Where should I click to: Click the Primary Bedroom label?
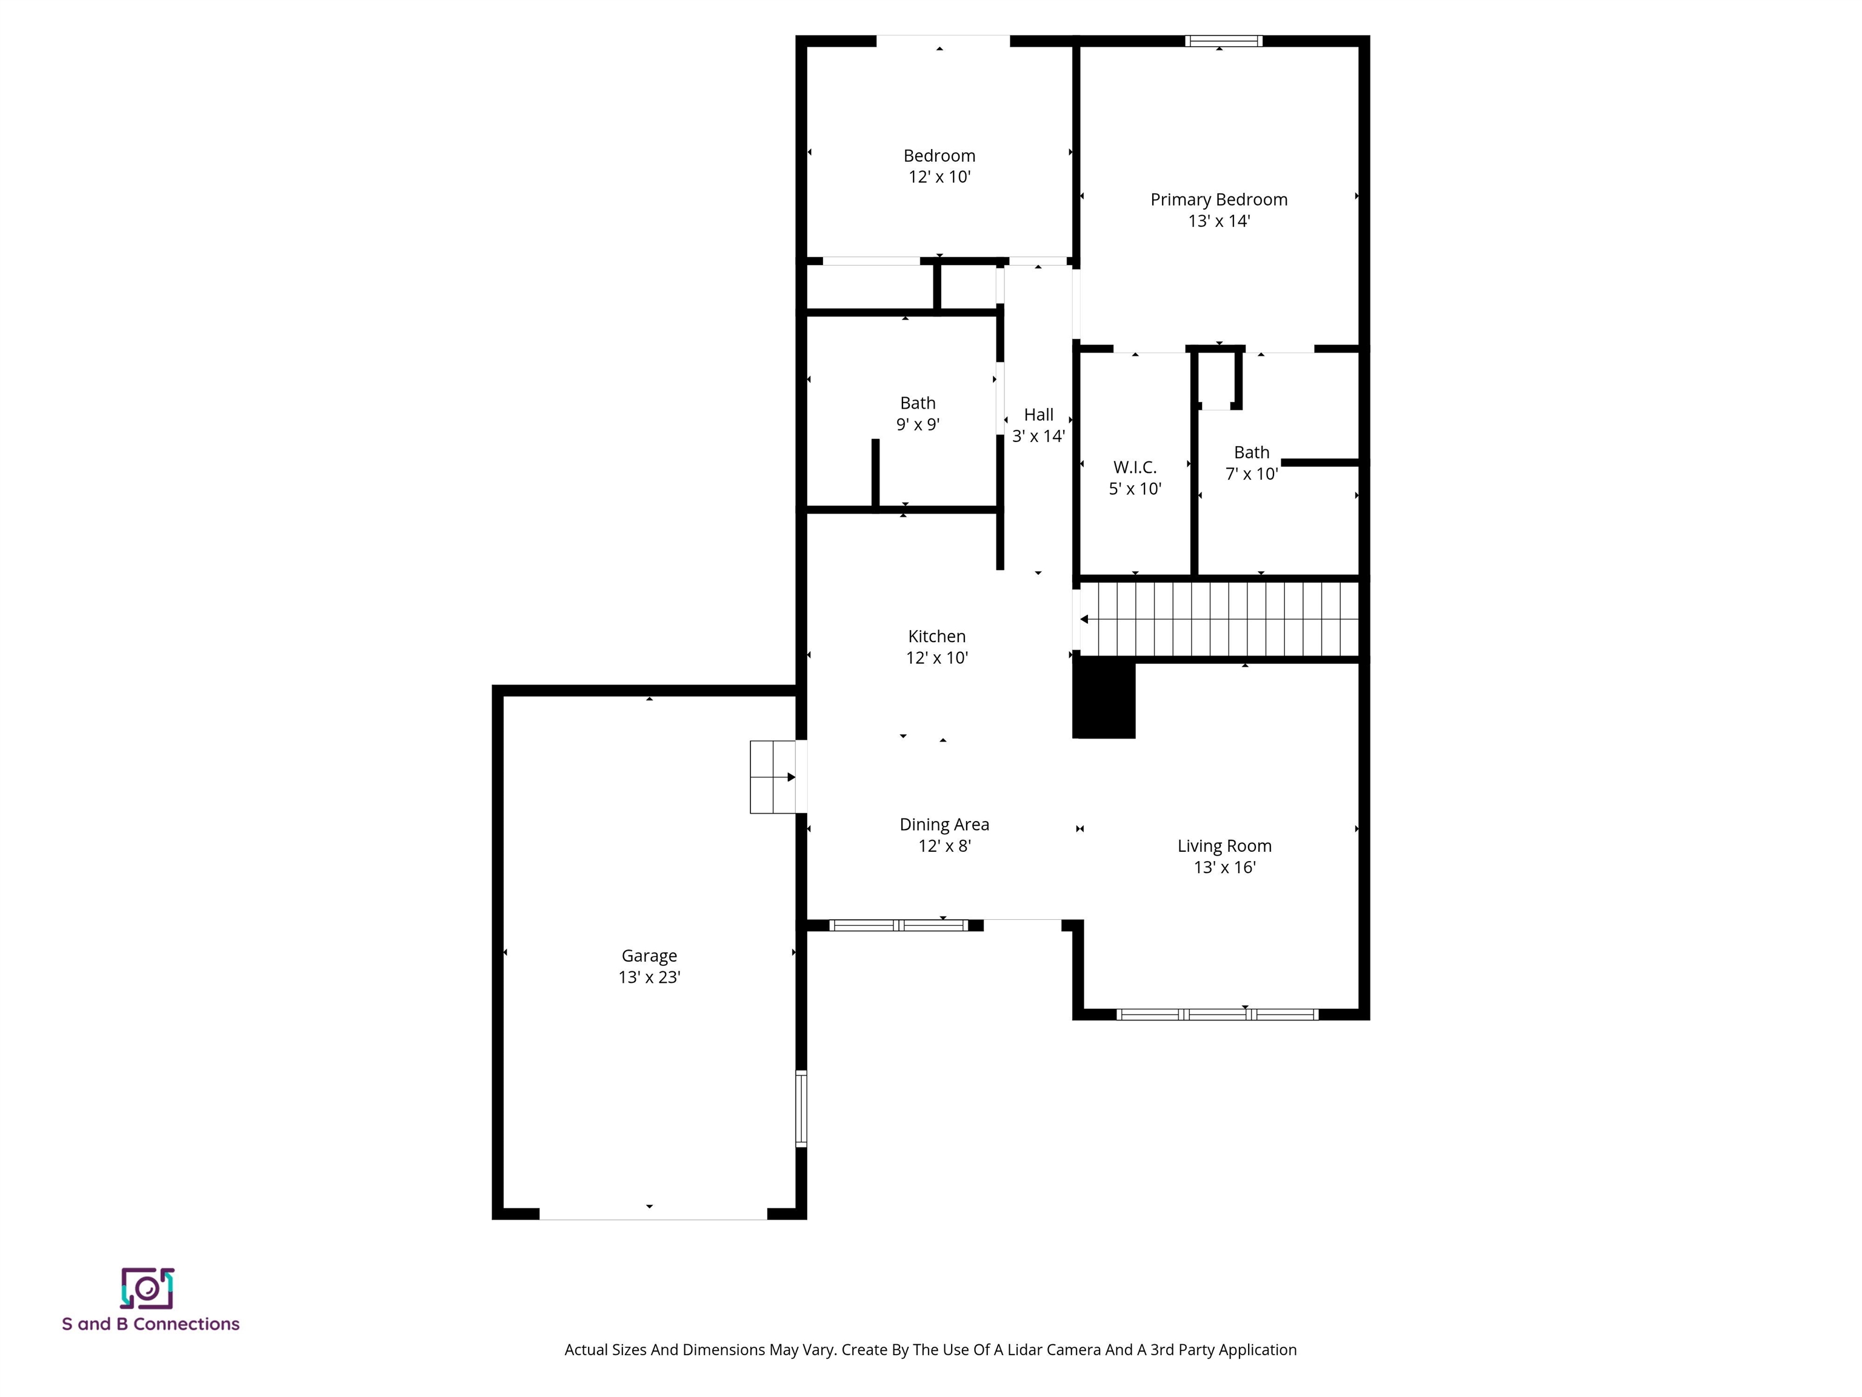tap(1218, 199)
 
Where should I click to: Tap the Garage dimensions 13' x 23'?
tap(649, 977)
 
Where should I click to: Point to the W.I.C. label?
tap(1134, 467)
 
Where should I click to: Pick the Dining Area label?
tap(944, 825)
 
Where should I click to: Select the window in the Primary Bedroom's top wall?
tap(1223, 41)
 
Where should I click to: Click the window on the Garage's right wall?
tap(801, 1108)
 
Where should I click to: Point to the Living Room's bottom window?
tap(1217, 1014)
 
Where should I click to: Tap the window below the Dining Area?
tap(898, 925)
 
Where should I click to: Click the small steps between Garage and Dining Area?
tap(773, 776)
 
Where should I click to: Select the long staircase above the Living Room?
tap(1219, 619)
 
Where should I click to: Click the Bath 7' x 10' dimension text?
tap(1251, 474)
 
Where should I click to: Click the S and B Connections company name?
tap(151, 1324)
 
